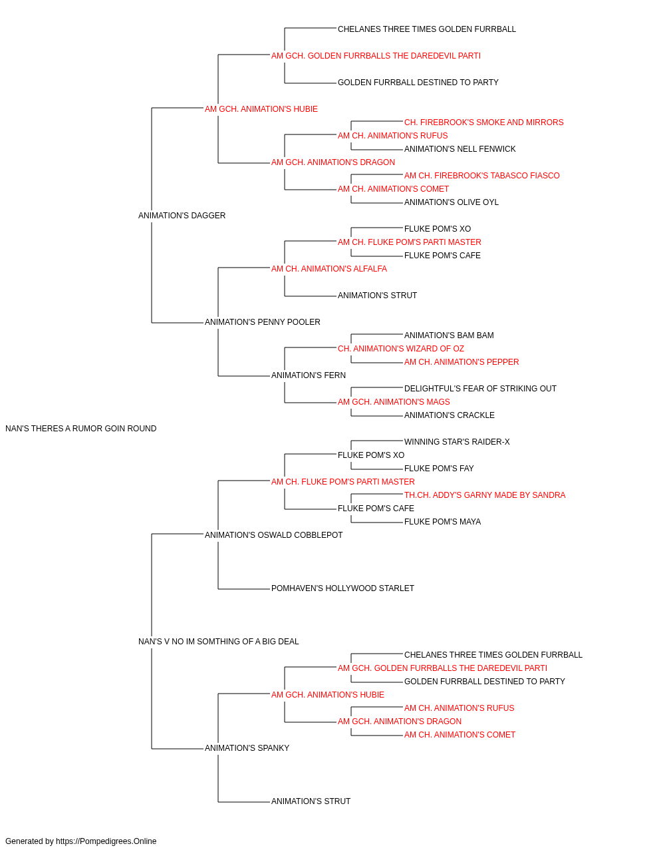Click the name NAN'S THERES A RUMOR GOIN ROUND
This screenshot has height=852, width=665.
(80, 429)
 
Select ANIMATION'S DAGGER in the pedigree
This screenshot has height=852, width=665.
(182, 216)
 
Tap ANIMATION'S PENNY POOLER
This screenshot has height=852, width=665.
(263, 322)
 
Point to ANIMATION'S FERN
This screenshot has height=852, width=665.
(308, 375)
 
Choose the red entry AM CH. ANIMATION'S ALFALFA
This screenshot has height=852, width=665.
(329, 268)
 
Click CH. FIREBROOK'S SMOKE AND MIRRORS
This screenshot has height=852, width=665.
(483, 122)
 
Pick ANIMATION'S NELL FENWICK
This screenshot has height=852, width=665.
(460, 149)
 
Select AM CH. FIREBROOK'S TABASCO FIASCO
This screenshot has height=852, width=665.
(481, 176)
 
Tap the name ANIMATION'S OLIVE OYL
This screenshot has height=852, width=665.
(451, 202)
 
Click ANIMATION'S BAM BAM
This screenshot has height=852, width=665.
(449, 335)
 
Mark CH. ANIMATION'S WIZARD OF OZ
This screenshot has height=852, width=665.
(400, 349)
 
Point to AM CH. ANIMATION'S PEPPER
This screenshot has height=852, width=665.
(462, 362)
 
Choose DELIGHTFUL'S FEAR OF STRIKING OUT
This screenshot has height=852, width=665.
(480, 389)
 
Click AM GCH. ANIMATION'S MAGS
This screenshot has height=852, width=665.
(394, 402)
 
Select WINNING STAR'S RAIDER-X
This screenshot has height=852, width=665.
(457, 442)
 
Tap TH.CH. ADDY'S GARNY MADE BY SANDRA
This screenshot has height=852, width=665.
(485, 495)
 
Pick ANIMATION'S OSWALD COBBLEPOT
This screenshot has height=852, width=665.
(273, 535)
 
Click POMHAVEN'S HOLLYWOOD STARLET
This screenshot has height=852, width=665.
(342, 588)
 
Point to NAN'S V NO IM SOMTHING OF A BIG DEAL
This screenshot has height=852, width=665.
(218, 642)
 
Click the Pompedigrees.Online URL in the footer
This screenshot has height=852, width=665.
(106, 841)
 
